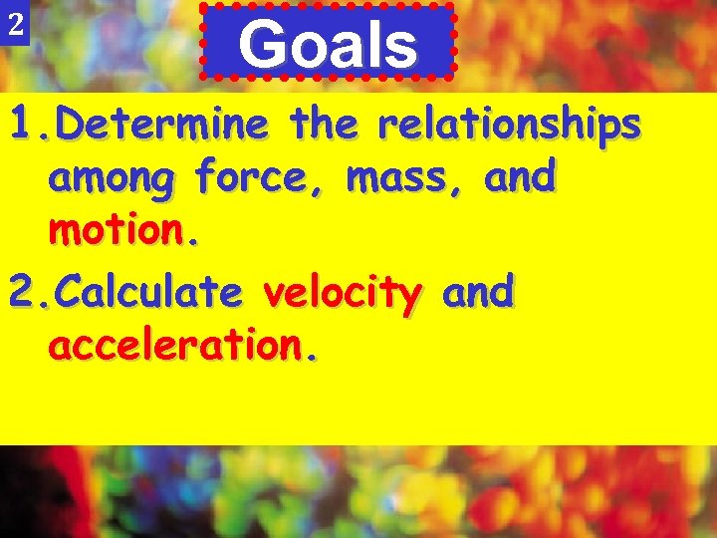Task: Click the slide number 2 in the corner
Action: (x=14, y=27)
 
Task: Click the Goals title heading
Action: (x=328, y=45)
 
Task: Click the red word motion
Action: (x=119, y=233)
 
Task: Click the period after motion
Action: (x=195, y=243)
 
